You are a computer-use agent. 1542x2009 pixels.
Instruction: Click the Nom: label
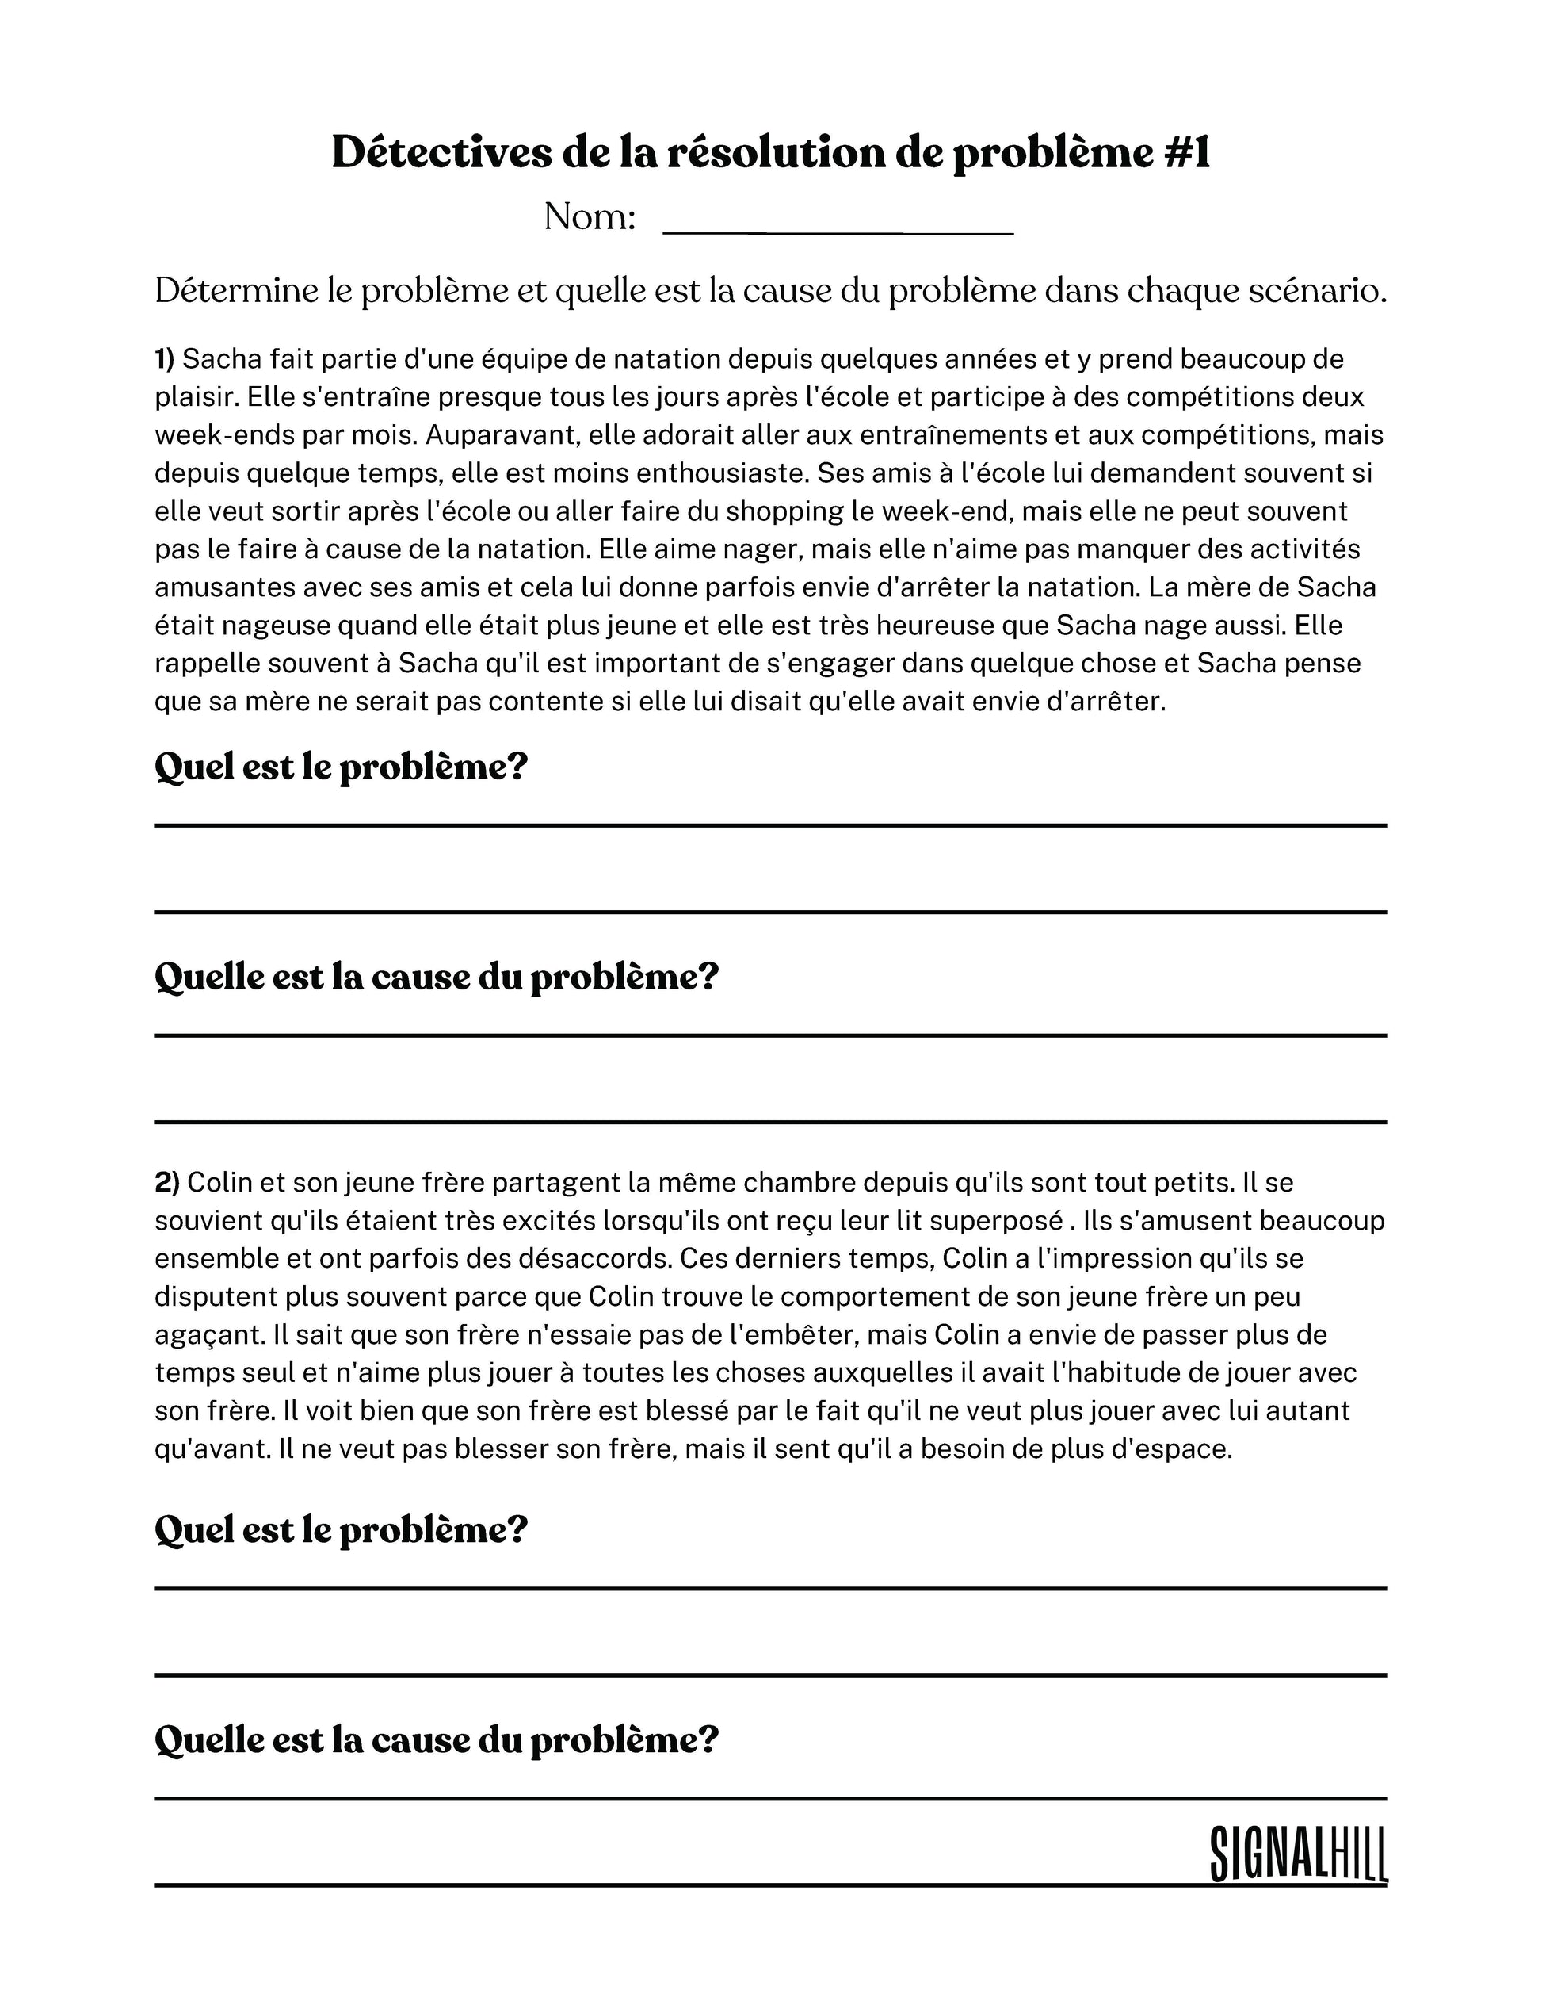[x=590, y=217]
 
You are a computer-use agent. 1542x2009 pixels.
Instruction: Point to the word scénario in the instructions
[x=1317, y=291]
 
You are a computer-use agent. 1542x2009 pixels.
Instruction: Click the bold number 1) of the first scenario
[x=164, y=359]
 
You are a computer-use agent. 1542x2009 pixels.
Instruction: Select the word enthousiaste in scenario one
[x=719, y=473]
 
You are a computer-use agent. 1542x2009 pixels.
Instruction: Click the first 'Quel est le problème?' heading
[x=341, y=767]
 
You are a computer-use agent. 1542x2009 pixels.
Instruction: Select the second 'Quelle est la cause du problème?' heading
[x=436, y=1739]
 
